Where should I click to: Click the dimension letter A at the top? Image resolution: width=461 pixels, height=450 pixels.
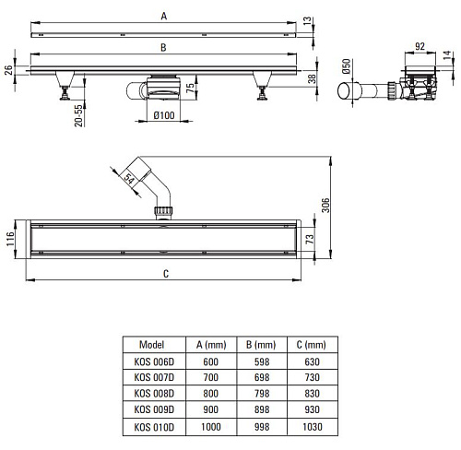pos(164,16)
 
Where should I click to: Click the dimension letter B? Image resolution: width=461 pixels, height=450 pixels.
pos(163,48)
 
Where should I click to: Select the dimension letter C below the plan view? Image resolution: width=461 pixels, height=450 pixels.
pos(166,274)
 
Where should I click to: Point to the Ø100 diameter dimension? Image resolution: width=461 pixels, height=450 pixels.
pos(164,115)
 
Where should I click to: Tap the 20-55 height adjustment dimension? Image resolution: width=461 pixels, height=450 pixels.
pos(78,115)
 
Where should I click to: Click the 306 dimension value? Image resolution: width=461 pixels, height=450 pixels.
pos(325,205)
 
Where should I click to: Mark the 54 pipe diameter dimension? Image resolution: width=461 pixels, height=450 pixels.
pos(129,178)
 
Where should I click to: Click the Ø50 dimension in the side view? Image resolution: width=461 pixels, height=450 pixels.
pos(346,66)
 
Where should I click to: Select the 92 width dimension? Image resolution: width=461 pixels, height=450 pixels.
pos(420,46)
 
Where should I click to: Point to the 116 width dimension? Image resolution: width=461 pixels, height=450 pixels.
pos(10,239)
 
